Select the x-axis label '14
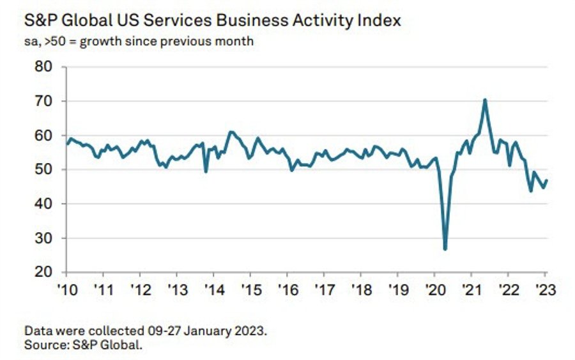click(x=213, y=288)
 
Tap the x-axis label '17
click(x=324, y=288)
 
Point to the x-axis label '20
click(x=434, y=288)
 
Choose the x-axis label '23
click(x=545, y=288)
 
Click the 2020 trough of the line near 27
click(x=445, y=249)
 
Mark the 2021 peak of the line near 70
click(x=486, y=100)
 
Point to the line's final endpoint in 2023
click(x=547, y=180)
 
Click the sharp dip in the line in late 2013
click(x=206, y=171)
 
